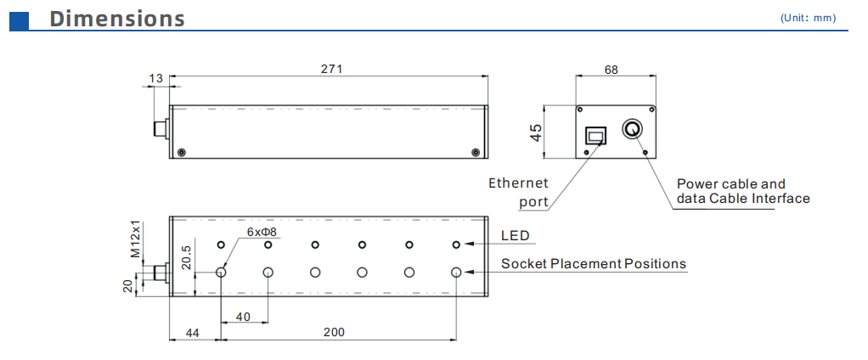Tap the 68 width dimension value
point(611,70)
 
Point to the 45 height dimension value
point(535,132)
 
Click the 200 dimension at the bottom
point(334,332)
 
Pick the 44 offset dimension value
point(193,332)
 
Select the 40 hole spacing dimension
point(244,316)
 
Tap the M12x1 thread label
point(134,239)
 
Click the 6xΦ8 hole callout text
point(262,231)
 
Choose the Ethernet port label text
point(519,192)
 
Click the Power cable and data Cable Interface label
point(741,191)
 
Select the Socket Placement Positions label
point(593,263)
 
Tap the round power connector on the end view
point(633,129)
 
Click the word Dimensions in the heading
point(117,18)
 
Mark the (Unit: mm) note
point(808,18)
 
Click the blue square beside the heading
point(19,19)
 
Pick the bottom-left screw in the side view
point(181,152)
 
